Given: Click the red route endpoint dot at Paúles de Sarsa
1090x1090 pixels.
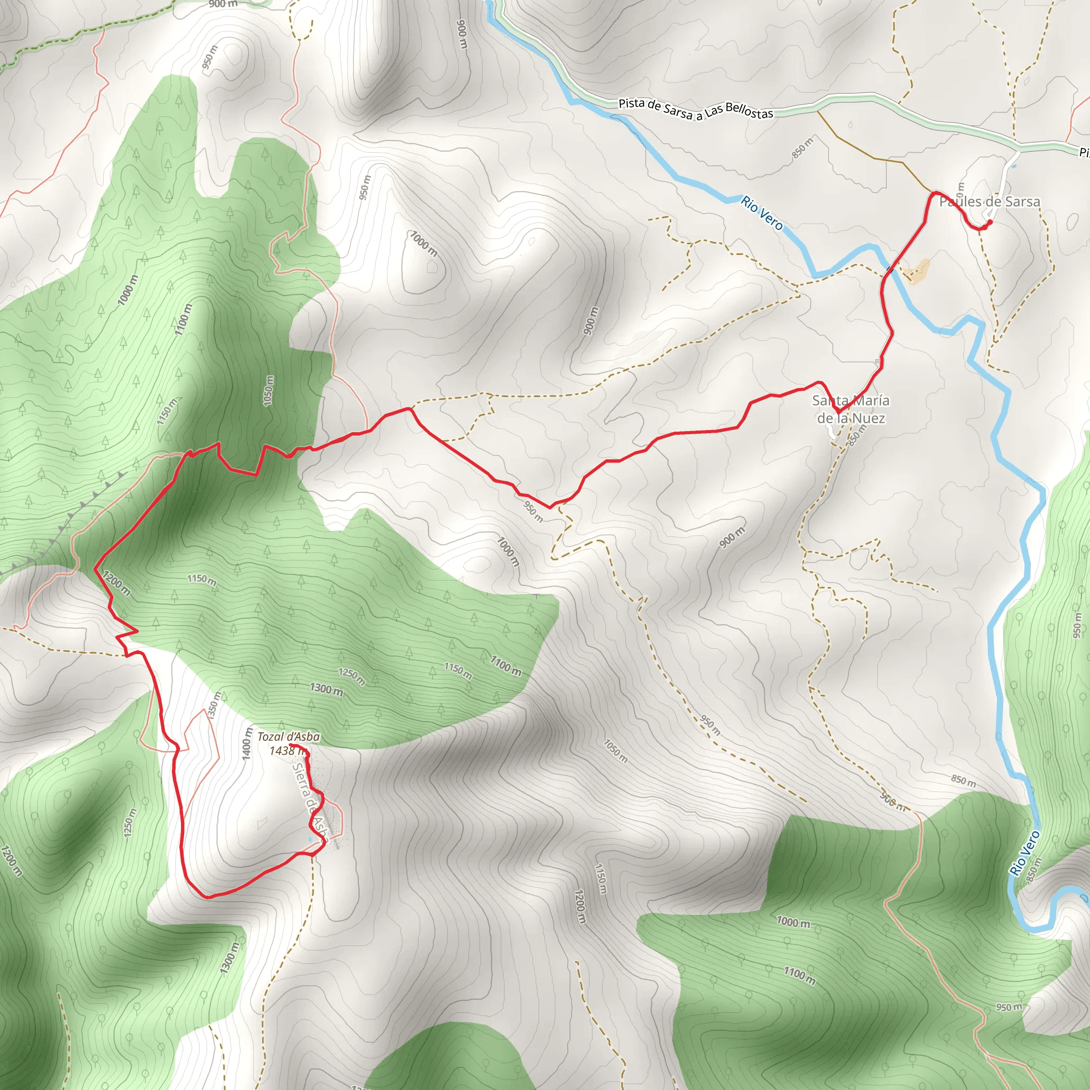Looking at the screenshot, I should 989,222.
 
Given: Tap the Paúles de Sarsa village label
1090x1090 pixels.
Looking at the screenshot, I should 989,201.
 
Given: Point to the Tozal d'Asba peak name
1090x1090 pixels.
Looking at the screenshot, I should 288,737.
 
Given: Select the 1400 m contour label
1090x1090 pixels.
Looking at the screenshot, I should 247,744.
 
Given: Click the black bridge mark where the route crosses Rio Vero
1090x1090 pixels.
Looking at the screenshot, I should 890,269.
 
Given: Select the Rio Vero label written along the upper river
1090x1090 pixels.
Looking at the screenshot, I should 762,213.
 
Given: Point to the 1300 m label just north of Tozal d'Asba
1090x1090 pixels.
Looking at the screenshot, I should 326,690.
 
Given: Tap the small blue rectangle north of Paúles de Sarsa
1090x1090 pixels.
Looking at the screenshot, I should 1014,167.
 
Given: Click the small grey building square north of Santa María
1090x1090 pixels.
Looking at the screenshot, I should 877,360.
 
